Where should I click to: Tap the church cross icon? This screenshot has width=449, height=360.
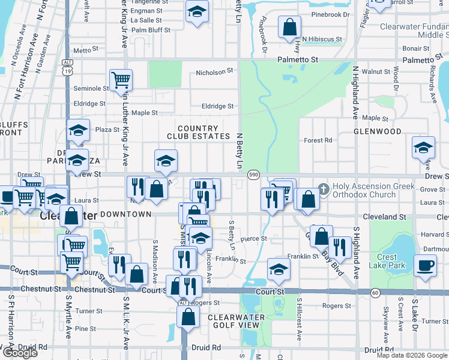[x=324, y=190]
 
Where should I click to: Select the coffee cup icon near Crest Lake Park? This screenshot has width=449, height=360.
[x=426, y=265]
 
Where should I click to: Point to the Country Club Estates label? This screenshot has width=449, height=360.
[x=197, y=133]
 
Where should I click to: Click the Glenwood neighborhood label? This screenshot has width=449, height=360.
[x=377, y=131]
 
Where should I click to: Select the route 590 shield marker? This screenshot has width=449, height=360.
[x=253, y=174]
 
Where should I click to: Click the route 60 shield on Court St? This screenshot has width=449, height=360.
[x=375, y=292]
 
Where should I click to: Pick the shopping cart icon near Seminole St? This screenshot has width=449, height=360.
[x=121, y=79]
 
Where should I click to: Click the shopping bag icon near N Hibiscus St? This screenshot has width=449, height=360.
[x=289, y=27]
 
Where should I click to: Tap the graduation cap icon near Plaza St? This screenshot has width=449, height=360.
[x=78, y=130]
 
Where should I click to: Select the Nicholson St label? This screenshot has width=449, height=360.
[x=214, y=72]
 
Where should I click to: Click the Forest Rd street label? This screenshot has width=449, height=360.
[x=318, y=140]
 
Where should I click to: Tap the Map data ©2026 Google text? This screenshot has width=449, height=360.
[x=411, y=355]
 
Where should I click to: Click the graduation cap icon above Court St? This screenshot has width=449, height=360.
[x=278, y=270]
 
